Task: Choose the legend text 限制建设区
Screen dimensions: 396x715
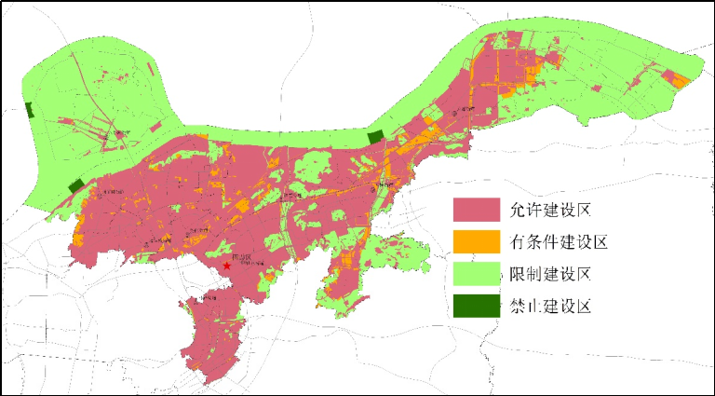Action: tap(552, 274)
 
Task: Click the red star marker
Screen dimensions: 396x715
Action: tap(226, 266)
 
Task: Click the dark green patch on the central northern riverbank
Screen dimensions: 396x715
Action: tap(375, 137)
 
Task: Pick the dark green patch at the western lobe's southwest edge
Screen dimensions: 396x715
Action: tap(75, 186)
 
